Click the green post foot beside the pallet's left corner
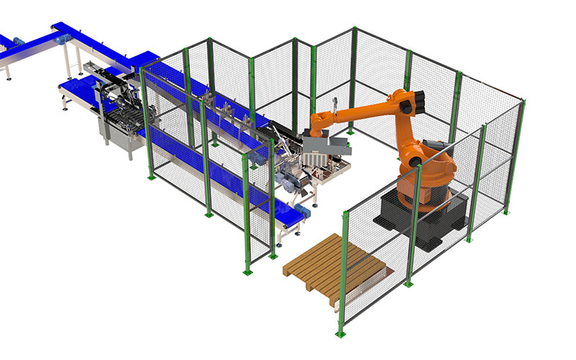247,271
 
